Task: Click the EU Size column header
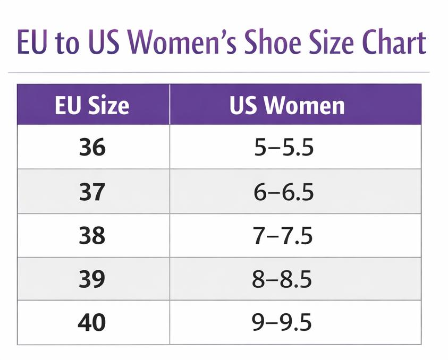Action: point(92,105)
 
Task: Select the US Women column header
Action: point(287,105)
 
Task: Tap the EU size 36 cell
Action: point(92,147)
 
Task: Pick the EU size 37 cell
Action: point(92,191)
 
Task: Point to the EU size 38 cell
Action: point(92,235)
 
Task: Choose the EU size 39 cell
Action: point(92,279)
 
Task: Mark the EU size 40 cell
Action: point(92,322)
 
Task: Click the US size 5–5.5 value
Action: point(283,148)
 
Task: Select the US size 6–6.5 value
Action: point(283,192)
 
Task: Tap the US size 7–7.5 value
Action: point(283,235)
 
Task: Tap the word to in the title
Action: point(66,44)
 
